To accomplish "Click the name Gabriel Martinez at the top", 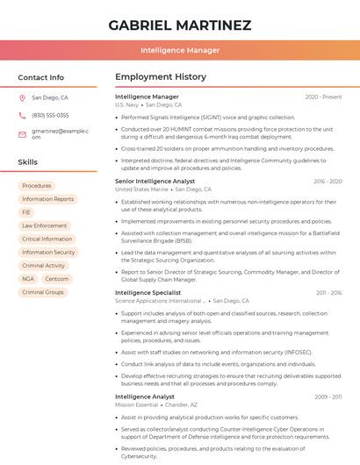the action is pos(180,25).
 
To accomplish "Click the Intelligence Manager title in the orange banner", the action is pos(180,50).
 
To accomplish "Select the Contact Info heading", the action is pos(40,77).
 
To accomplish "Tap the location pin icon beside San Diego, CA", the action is pos(23,98).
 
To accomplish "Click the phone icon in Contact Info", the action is pos(23,115).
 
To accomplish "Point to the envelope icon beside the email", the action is pos(23,134).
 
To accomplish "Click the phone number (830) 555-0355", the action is pos(50,115).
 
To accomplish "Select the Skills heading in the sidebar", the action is pos(28,162).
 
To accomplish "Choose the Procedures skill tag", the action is pos(37,186).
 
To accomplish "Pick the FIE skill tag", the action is pos(26,212).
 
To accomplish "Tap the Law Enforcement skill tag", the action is pos(45,225).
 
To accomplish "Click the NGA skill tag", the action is pos(28,279).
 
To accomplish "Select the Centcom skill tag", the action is pos(57,279).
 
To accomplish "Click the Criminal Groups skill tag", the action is pos(43,292).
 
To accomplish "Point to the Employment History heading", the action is pos(161,77).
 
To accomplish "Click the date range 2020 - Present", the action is pos(323,97).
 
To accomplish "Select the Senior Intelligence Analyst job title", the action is pos(155,181).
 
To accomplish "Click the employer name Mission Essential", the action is pos(136,404).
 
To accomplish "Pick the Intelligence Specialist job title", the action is pos(148,292).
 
